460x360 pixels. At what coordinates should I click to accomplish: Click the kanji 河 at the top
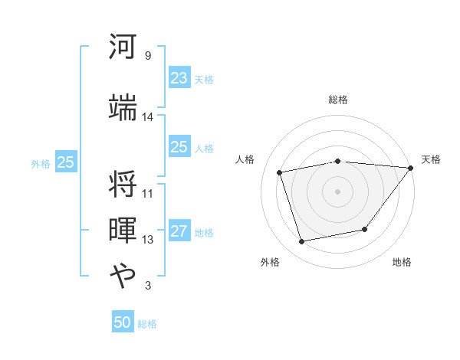[123, 47]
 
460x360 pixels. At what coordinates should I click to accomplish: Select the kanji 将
[123, 185]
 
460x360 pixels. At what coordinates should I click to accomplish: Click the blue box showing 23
[179, 78]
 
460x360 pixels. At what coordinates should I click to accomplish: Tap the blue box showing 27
[179, 232]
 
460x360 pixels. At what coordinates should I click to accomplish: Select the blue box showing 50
[123, 322]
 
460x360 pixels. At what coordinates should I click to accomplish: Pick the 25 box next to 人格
[179, 147]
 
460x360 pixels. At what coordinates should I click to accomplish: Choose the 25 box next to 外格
[65, 162]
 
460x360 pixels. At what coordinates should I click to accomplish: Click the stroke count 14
[147, 117]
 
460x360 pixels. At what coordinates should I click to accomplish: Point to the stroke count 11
[147, 193]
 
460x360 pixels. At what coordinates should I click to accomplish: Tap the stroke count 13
[147, 240]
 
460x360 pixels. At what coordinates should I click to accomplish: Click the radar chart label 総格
[337, 100]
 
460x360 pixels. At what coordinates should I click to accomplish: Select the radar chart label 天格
[431, 159]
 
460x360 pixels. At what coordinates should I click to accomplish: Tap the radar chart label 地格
[402, 263]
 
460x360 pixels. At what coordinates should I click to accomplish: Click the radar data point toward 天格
[410, 168]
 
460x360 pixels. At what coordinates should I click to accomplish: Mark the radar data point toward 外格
[302, 241]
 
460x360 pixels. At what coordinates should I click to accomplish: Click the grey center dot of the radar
[337, 191]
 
